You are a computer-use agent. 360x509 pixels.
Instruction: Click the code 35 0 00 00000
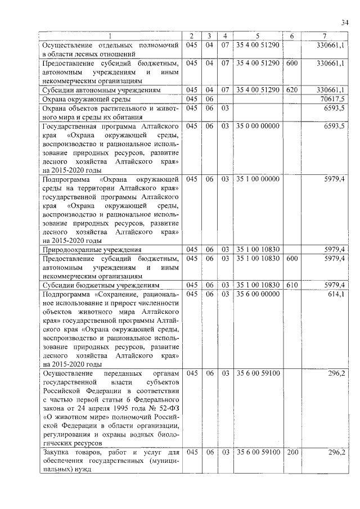258,126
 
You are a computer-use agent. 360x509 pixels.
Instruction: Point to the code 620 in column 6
291,89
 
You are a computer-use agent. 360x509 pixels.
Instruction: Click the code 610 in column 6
291,285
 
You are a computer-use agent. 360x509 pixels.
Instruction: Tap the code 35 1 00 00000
258,179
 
